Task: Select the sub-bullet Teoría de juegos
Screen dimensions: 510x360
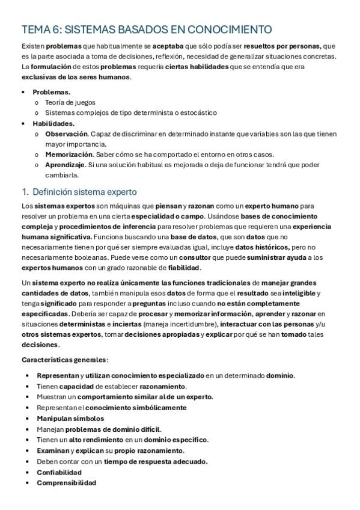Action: coord(70,102)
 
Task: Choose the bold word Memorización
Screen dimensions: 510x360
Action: coord(68,155)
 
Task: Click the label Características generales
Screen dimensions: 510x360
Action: coord(64,360)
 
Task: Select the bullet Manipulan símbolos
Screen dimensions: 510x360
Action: coord(70,418)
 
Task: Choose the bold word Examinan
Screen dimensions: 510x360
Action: coord(52,450)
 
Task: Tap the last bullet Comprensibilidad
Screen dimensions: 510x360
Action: coord(66,482)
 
